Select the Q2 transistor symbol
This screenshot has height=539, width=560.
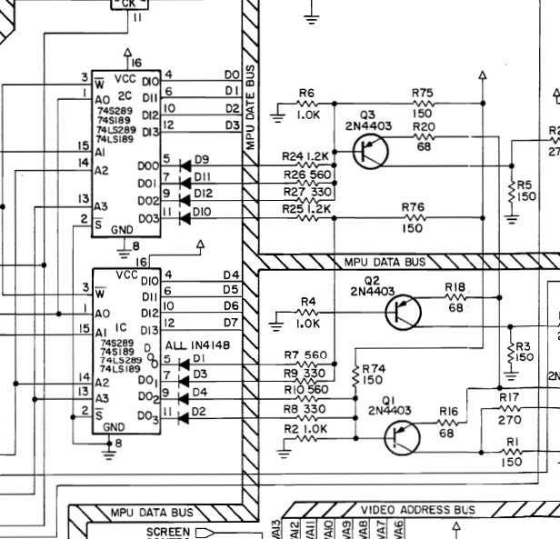tap(403, 314)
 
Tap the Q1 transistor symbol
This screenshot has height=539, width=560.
tap(400, 435)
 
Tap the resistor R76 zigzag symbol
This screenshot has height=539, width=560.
tap(415, 219)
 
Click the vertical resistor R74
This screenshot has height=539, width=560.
tap(355, 374)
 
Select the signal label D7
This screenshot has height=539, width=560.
tap(231, 323)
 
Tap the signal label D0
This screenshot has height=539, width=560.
tap(231, 75)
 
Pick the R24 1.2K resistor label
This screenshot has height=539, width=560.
tap(305, 155)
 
